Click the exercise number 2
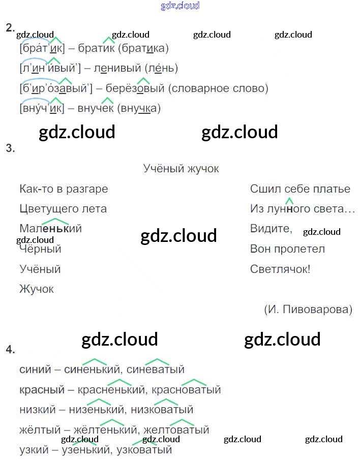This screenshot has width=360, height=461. pyautogui.click(x=10, y=28)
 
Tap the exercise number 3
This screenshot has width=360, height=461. pyautogui.click(x=10, y=148)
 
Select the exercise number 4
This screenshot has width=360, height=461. pyautogui.click(x=10, y=350)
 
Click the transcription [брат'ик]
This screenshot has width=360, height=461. pyautogui.click(x=41, y=49)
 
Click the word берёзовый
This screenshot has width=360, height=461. pyautogui.click(x=135, y=88)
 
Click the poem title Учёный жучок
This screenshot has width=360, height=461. pyautogui.click(x=181, y=169)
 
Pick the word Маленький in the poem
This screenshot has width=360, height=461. pyautogui.click(x=50, y=229)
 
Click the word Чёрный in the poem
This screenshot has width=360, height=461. pyautogui.click(x=40, y=249)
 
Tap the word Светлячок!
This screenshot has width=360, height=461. pyautogui.click(x=280, y=269)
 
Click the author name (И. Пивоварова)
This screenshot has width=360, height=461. pyautogui.click(x=308, y=310)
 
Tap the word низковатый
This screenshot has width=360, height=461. pyautogui.click(x=162, y=410)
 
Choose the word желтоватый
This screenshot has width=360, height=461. pyautogui.click(x=176, y=430)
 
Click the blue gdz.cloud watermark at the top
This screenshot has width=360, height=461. pyautogui.click(x=180, y=6)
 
